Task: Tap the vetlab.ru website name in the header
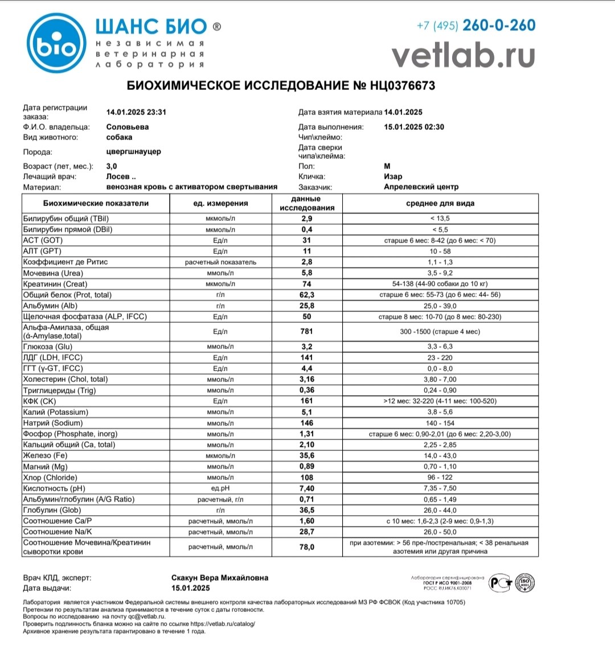click(x=463, y=56)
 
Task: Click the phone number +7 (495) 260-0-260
click(x=476, y=26)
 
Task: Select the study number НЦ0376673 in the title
click(x=403, y=86)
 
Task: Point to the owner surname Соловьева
click(x=128, y=127)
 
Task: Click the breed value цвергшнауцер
click(x=133, y=152)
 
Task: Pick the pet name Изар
click(x=393, y=176)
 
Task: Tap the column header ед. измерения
click(x=220, y=203)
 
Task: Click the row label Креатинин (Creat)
click(x=55, y=284)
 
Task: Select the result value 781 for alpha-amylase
click(x=306, y=331)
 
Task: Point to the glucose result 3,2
click(x=306, y=347)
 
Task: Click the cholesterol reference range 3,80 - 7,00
click(x=440, y=380)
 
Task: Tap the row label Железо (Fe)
click(x=45, y=455)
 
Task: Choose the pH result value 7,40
click(x=306, y=488)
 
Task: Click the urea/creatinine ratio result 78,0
click(x=306, y=547)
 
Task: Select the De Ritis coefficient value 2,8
click(x=306, y=262)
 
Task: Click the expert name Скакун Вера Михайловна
click(x=220, y=578)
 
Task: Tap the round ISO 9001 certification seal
click(x=524, y=582)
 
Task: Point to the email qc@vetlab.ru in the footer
click(x=146, y=616)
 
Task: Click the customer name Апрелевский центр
click(x=421, y=187)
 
